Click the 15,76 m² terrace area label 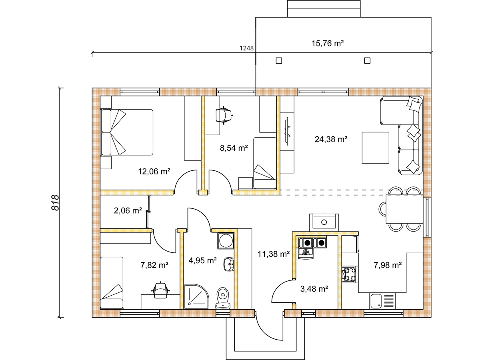click(x=327, y=44)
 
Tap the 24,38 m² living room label click(x=331, y=139)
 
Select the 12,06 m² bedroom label click(x=154, y=172)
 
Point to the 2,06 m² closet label click(x=128, y=211)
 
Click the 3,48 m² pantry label click(x=314, y=289)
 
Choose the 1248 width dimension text click(x=246, y=48)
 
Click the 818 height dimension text click(x=55, y=203)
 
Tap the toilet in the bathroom click(x=223, y=298)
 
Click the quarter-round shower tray click(x=196, y=296)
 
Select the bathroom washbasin click(x=229, y=264)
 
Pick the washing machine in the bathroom click(x=226, y=241)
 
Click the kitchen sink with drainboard click(x=382, y=301)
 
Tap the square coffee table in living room click(x=376, y=148)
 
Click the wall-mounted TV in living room click(x=287, y=131)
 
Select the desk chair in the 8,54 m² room click(x=224, y=115)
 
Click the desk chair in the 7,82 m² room click(x=160, y=290)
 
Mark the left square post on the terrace click(x=279, y=60)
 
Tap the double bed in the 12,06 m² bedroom click(x=127, y=132)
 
